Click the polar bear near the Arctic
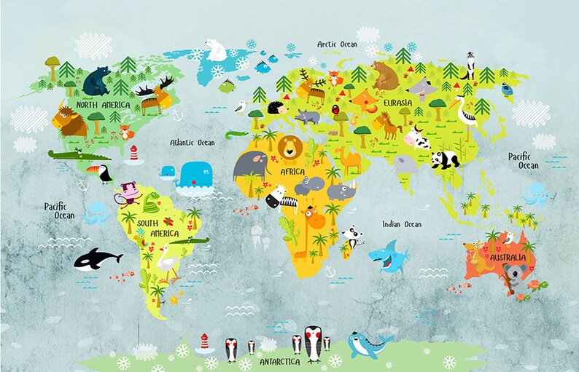(217, 50)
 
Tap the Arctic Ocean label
(337, 44)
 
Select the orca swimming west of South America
(97, 259)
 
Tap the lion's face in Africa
(291, 149)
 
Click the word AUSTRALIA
(507, 258)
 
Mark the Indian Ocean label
(402, 224)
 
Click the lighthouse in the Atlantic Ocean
(133, 154)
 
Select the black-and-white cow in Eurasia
(414, 137)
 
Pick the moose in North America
(155, 95)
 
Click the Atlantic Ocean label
(192, 143)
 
